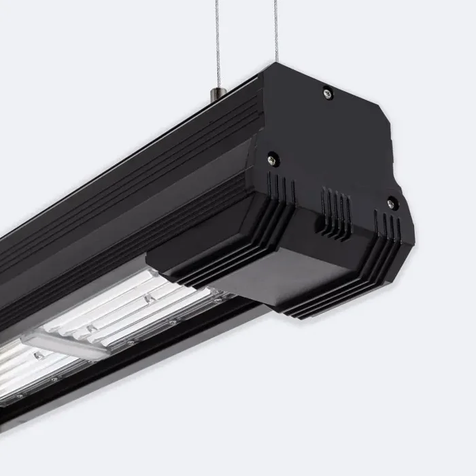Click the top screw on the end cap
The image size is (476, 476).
[x=327, y=93]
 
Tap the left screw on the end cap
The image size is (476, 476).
[x=272, y=158]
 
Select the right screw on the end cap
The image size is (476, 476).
[x=391, y=203]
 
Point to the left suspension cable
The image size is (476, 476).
[x=217, y=41]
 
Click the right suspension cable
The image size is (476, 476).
[x=276, y=31]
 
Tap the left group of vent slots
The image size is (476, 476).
[x=280, y=188]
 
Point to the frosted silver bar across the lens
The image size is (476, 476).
[x=65, y=343]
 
